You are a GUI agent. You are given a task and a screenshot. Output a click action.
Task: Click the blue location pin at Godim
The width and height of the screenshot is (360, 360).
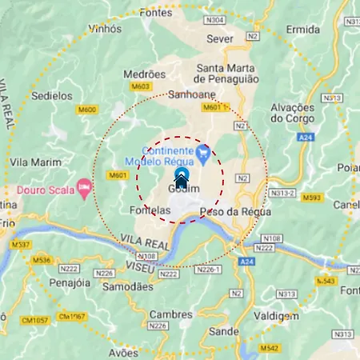(x=181, y=177)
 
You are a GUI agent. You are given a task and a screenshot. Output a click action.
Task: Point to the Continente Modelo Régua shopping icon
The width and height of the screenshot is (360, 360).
(x=203, y=150)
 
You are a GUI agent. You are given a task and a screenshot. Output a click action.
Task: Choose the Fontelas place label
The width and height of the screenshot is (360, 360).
(x=149, y=210)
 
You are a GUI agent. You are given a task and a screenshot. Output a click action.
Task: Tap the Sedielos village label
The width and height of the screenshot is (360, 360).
(x=52, y=95)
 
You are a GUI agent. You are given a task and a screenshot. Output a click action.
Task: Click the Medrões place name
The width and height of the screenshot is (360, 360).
(x=145, y=74)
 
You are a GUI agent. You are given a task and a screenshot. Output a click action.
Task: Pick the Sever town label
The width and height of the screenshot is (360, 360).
(x=220, y=38)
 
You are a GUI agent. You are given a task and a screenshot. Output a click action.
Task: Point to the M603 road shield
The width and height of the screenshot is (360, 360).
(x=141, y=86)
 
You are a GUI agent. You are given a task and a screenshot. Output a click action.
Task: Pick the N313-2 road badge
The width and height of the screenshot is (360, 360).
(x=283, y=194)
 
